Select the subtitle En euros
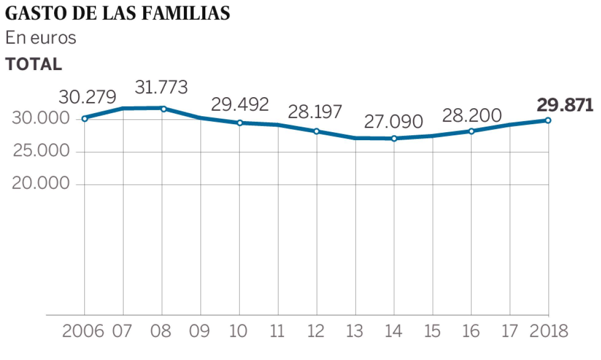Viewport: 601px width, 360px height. pyautogui.click(x=41, y=38)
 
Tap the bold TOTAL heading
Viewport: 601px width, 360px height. pyautogui.click(x=34, y=64)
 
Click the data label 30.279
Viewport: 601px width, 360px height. pyautogui.click(x=88, y=97)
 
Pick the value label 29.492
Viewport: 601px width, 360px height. pyautogui.click(x=240, y=104)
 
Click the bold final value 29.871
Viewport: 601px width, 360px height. pyautogui.click(x=564, y=105)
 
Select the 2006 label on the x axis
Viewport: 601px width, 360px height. pyautogui.click(x=83, y=331)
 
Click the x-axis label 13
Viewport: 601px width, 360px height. pyautogui.click(x=356, y=331)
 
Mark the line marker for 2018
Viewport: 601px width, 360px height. pyautogui.click(x=548, y=120)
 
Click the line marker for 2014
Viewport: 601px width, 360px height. pyautogui.click(x=394, y=138)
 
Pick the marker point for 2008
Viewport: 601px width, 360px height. pyautogui.click(x=163, y=108)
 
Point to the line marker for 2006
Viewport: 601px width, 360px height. pyautogui.click(x=85, y=119)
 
